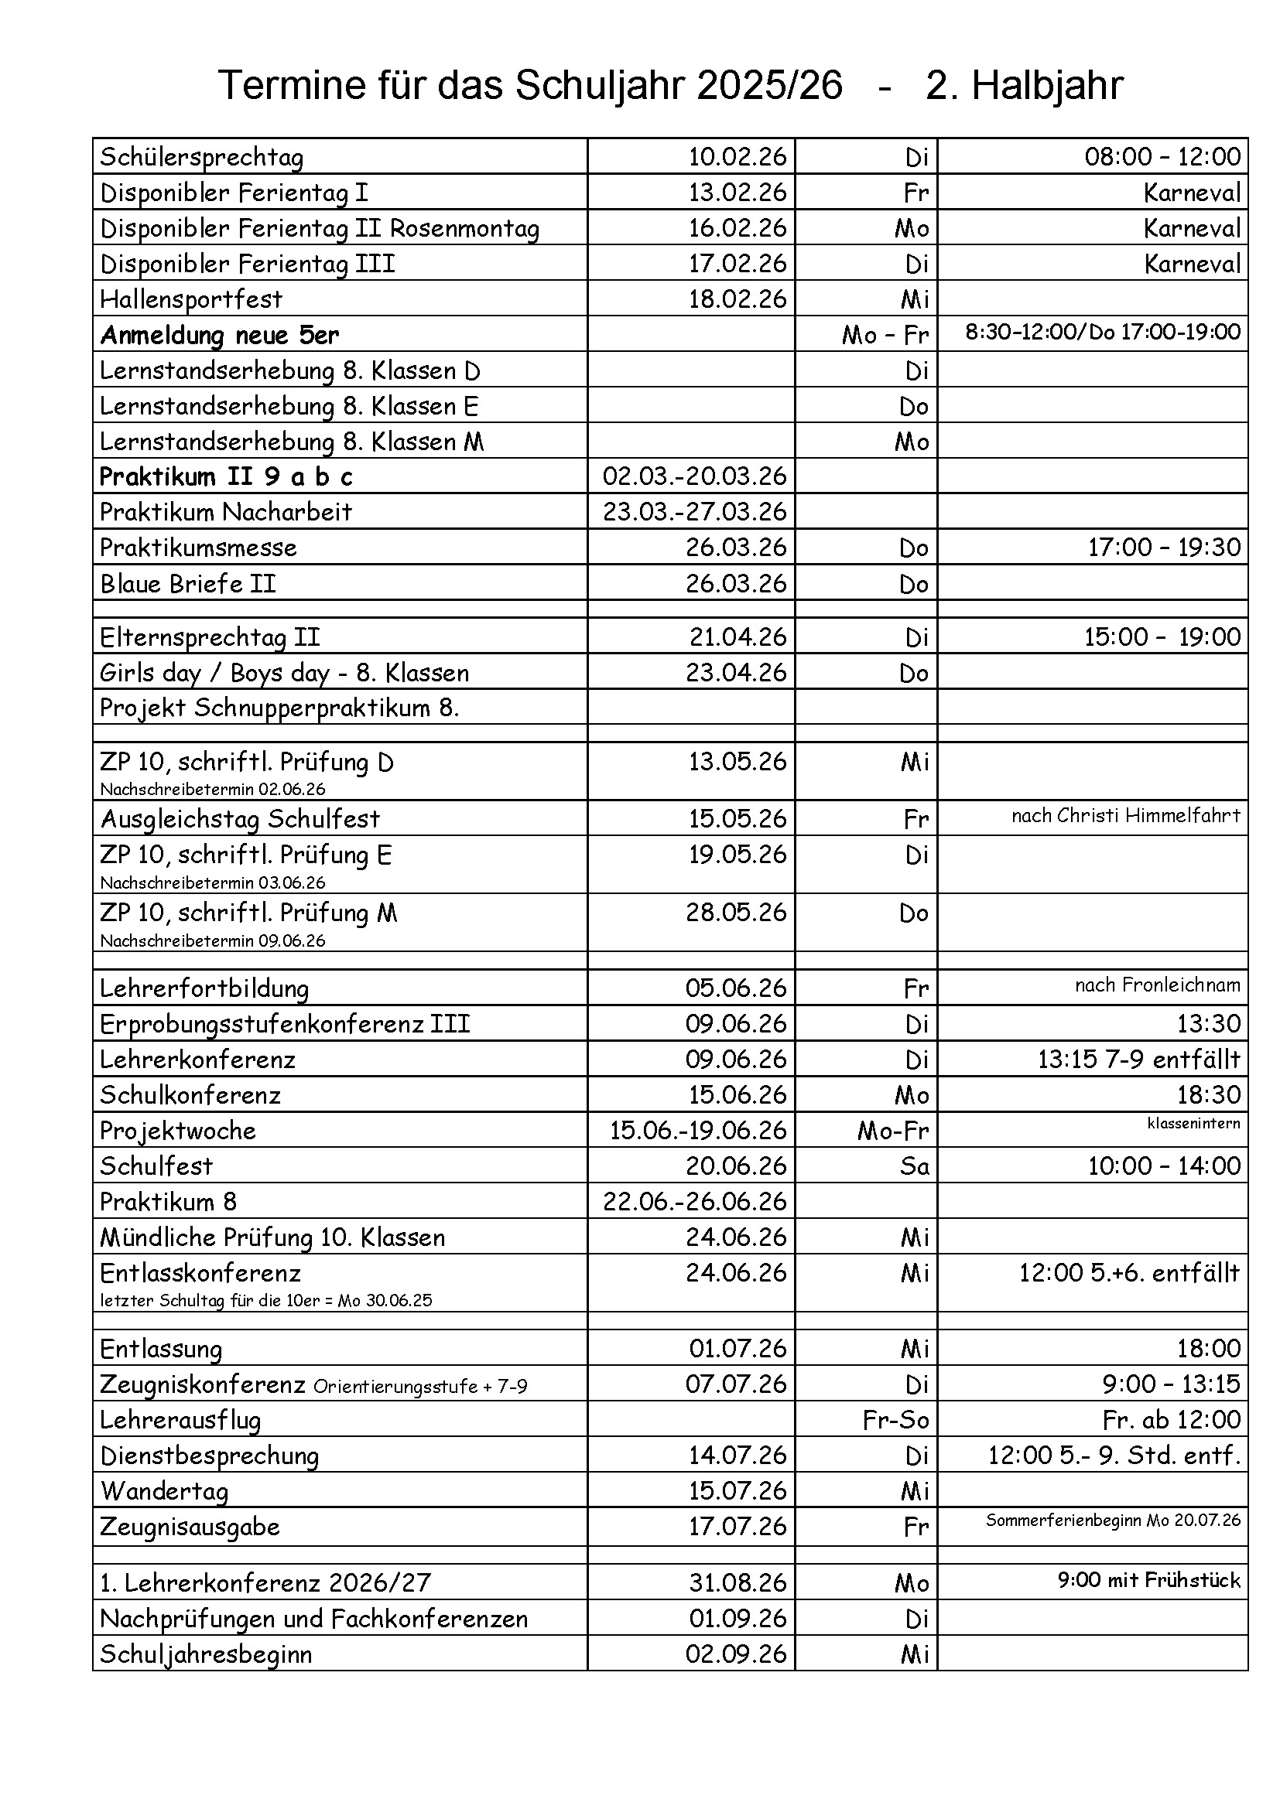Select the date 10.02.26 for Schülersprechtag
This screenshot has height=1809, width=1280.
pos(737,157)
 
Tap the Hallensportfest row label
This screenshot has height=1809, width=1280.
pos(190,299)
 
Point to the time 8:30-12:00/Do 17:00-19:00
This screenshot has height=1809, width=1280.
pos(1103,332)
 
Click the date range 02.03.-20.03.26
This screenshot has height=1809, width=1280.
pos(694,476)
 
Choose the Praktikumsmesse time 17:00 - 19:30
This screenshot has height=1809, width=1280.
pos(1164,547)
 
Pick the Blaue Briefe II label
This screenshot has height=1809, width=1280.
pos(187,583)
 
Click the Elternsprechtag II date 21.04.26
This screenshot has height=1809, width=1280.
pos(738,637)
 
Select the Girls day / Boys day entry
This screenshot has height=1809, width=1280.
pos(284,673)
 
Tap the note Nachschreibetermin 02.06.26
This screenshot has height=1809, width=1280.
pos(212,789)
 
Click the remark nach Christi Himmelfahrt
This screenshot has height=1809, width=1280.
pos(1125,815)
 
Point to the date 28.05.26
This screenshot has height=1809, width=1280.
pos(736,912)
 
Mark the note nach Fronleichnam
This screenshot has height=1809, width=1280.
pos(1157,985)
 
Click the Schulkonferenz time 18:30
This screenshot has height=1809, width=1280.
pos(1208,1094)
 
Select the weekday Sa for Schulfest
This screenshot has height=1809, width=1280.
pos(914,1166)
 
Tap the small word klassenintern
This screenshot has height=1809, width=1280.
pos(1193,1124)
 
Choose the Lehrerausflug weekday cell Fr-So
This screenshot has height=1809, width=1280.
pos(896,1419)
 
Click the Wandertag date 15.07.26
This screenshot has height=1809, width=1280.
pos(738,1490)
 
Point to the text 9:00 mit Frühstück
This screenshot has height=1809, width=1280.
pos(1148,1580)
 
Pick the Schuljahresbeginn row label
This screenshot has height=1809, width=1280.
pos(206,1653)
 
